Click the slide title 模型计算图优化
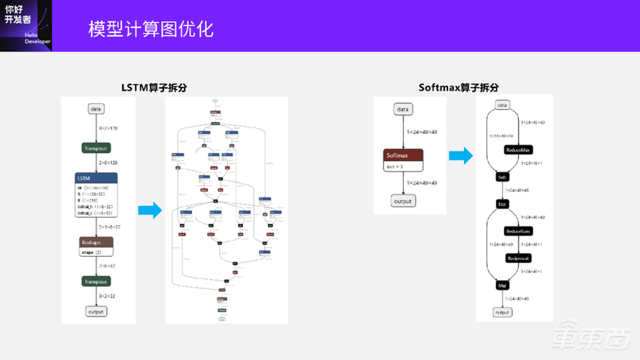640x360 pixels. click(x=151, y=29)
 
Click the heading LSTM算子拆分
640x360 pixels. click(x=154, y=87)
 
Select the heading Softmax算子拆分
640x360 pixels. click(x=459, y=87)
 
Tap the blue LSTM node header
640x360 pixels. click(x=96, y=178)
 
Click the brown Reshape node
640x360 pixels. click(x=96, y=243)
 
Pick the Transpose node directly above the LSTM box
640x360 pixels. click(x=96, y=148)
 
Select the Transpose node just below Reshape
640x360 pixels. click(x=96, y=281)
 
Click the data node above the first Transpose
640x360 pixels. click(x=96, y=109)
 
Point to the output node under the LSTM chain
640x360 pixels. click(x=96, y=311)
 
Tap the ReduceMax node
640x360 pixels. click(x=519, y=149)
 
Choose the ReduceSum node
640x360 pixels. click(x=519, y=230)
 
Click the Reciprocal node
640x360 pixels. click(x=519, y=258)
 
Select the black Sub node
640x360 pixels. click(x=502, y=177)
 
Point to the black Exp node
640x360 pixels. click(x=502, y=203)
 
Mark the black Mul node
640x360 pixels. click(x=502, y=285)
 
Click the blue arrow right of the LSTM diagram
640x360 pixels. click(x=151, y=210)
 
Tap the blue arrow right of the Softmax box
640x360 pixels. click(x=461, y=156)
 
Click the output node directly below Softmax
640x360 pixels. click(x=404, y=200)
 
